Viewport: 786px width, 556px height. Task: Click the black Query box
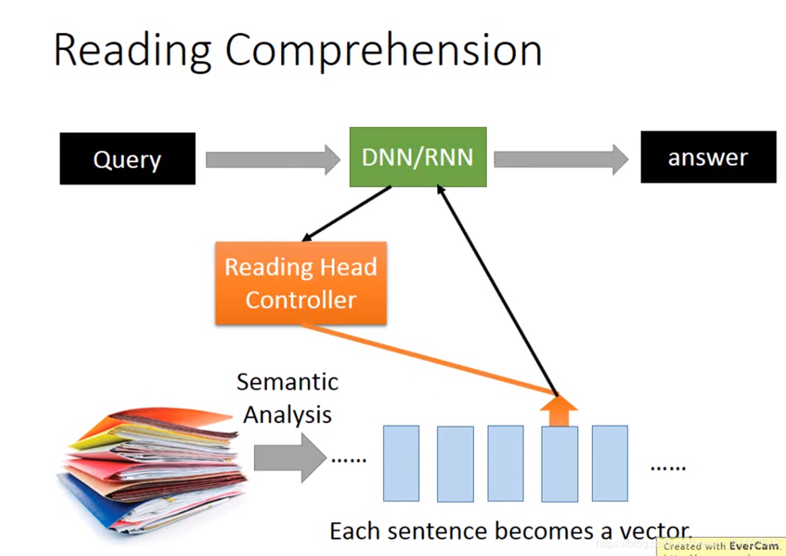127,159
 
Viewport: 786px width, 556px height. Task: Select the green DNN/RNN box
418,157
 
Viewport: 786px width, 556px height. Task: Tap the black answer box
708,157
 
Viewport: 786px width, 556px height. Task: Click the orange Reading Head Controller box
300,283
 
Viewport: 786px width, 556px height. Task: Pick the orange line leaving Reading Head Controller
425,358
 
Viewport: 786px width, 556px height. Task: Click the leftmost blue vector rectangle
401,463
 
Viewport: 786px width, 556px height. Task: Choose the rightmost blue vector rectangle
610,463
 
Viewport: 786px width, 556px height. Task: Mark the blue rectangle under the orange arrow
559,464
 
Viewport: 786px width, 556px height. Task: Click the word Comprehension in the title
384,50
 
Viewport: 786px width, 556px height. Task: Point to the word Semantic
287,382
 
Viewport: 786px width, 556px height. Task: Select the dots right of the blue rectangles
667,467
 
